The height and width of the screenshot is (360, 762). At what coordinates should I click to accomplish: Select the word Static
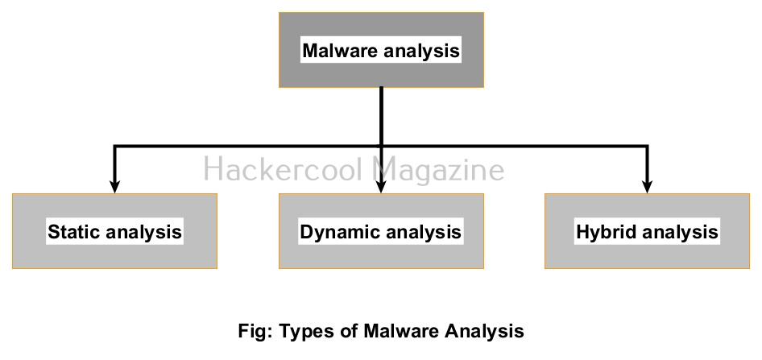click(73, 233)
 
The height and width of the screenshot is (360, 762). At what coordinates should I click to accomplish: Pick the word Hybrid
click(603, 233)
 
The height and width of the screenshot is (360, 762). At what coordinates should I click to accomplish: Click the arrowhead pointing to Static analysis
click(115, 186)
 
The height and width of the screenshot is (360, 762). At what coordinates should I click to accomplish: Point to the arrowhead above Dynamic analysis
click(381, 186)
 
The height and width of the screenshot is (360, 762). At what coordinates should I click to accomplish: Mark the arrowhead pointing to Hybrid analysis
click(648, 186)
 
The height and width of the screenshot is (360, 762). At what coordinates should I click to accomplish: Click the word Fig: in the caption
click(255, 331)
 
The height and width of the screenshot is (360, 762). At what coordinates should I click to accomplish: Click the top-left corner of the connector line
click(115, 147)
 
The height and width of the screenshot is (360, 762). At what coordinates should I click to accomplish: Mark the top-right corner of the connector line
click(648, 147)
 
